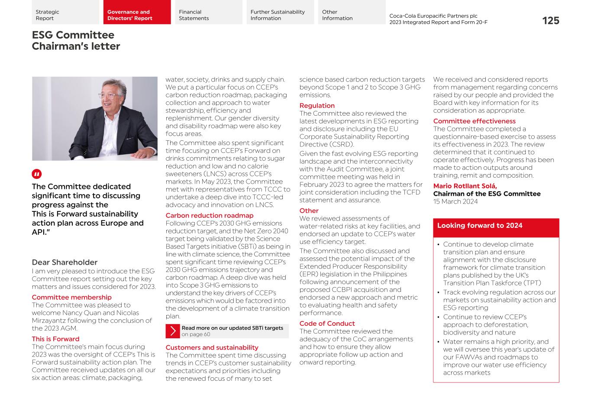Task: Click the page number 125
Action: click(x=550, y=21)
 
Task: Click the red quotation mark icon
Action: click(x=37, y=174)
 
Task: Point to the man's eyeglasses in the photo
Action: click(x=109, y=96)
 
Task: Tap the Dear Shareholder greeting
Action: click(x=65, y=262)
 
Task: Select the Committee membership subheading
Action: click(x=71, y=297)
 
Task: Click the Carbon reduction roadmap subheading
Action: click(x=210, y=215)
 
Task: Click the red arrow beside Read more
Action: click(x=173, y=331)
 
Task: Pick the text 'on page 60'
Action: click(x=196, y=334)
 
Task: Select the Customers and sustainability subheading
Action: click(x=212, y=347)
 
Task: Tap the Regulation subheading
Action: click(x=317, y=106)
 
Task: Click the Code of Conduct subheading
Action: click(x=327, y=324)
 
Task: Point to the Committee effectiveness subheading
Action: click(x=474, y=121)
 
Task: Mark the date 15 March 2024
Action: click(x=455, y=201)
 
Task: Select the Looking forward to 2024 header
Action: click(x=480, y=226)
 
